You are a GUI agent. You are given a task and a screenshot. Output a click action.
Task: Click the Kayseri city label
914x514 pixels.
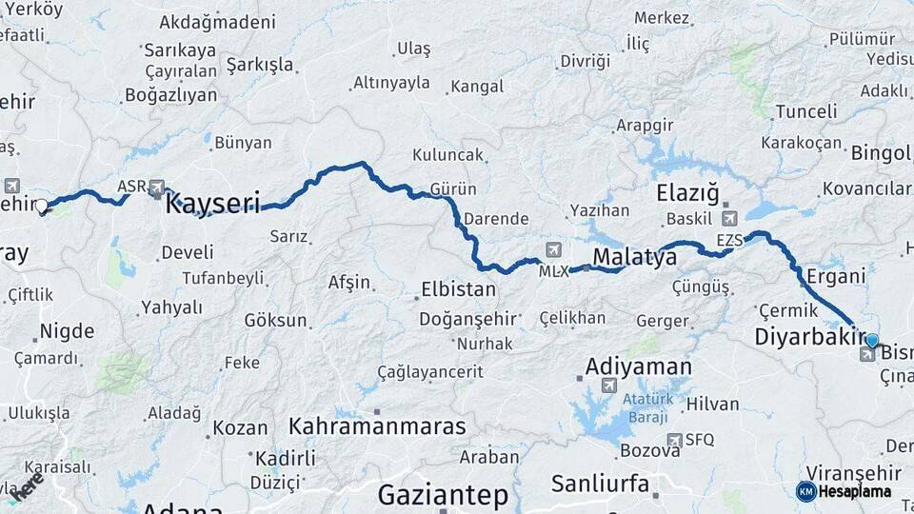click(x=213, y=203)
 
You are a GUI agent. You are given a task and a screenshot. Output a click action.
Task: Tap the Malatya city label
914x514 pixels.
click(x=634, y=255)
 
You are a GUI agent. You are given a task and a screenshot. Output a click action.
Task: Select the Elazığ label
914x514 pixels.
click(x=687, y=193)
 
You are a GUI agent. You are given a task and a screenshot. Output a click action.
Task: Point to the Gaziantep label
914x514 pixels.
click(x=443, y=495)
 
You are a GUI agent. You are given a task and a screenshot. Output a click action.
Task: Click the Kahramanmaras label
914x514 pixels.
click(x=378, y=425)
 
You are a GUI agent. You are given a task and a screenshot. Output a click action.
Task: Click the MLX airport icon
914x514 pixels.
click(x=553, y=250)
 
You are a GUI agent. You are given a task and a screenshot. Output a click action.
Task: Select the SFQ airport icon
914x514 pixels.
click(x=675, y=440)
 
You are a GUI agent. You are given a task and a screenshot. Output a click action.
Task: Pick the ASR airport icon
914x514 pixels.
click(x=157, y=188)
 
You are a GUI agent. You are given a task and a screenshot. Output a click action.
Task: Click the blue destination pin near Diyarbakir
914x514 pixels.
click(x=872, y=340)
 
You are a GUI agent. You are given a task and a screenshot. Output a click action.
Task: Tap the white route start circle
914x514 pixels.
click(x=42, y=206)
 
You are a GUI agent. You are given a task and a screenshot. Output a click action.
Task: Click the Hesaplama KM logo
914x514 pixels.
click(x=805, y=491)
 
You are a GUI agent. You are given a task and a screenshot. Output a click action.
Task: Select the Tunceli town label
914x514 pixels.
click(x=805, y=111)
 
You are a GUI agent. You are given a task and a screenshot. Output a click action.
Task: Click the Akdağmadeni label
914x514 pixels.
click(x=217, y=21)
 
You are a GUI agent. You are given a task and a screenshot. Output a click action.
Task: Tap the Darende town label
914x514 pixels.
click(x=496, y=218)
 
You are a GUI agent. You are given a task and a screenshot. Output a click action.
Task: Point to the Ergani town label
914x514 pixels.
click(x=835, y=276)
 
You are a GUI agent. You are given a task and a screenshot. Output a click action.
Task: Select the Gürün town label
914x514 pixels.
click(x=453, y=188)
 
